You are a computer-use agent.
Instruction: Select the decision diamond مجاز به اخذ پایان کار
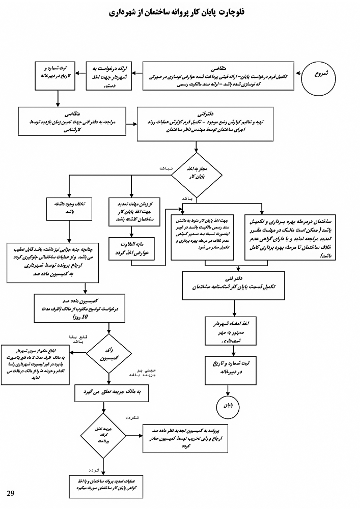tap(196, 173)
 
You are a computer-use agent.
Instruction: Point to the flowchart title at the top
tap(180, 12)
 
